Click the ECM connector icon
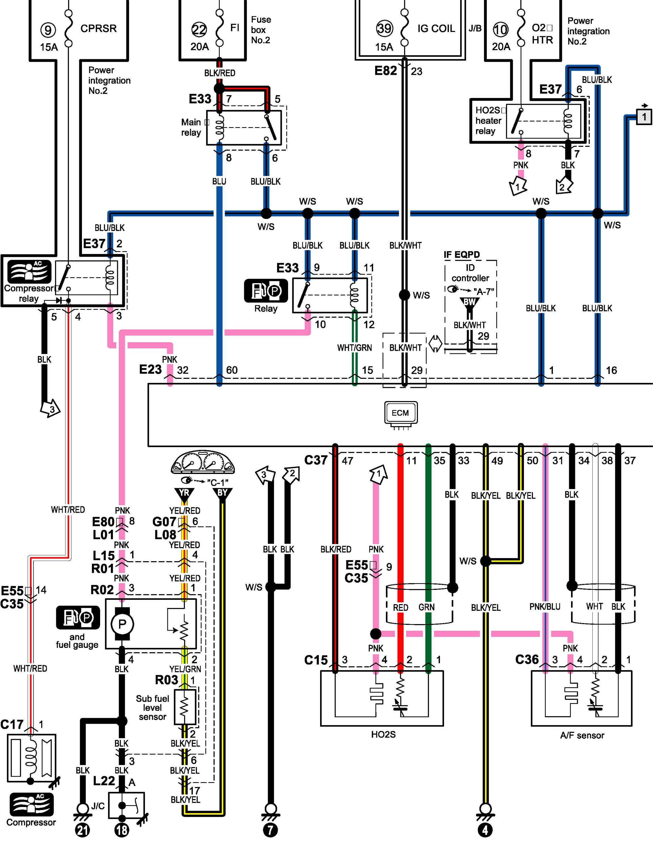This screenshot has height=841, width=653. coord(401,415)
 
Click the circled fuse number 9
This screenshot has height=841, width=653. coord(48,30)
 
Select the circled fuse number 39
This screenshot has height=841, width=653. coord(384,28)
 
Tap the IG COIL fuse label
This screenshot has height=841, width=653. coord(436,29)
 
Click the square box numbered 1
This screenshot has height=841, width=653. coord(644,116)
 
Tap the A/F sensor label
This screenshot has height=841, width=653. coord(582,735)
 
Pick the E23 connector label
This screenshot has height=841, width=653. coord(150,370)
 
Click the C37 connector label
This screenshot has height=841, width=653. coord(316,460)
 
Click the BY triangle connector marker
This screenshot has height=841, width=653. coord(222,494)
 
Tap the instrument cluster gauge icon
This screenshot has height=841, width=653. coord(203,462)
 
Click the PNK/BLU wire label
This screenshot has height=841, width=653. coord(545,607)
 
